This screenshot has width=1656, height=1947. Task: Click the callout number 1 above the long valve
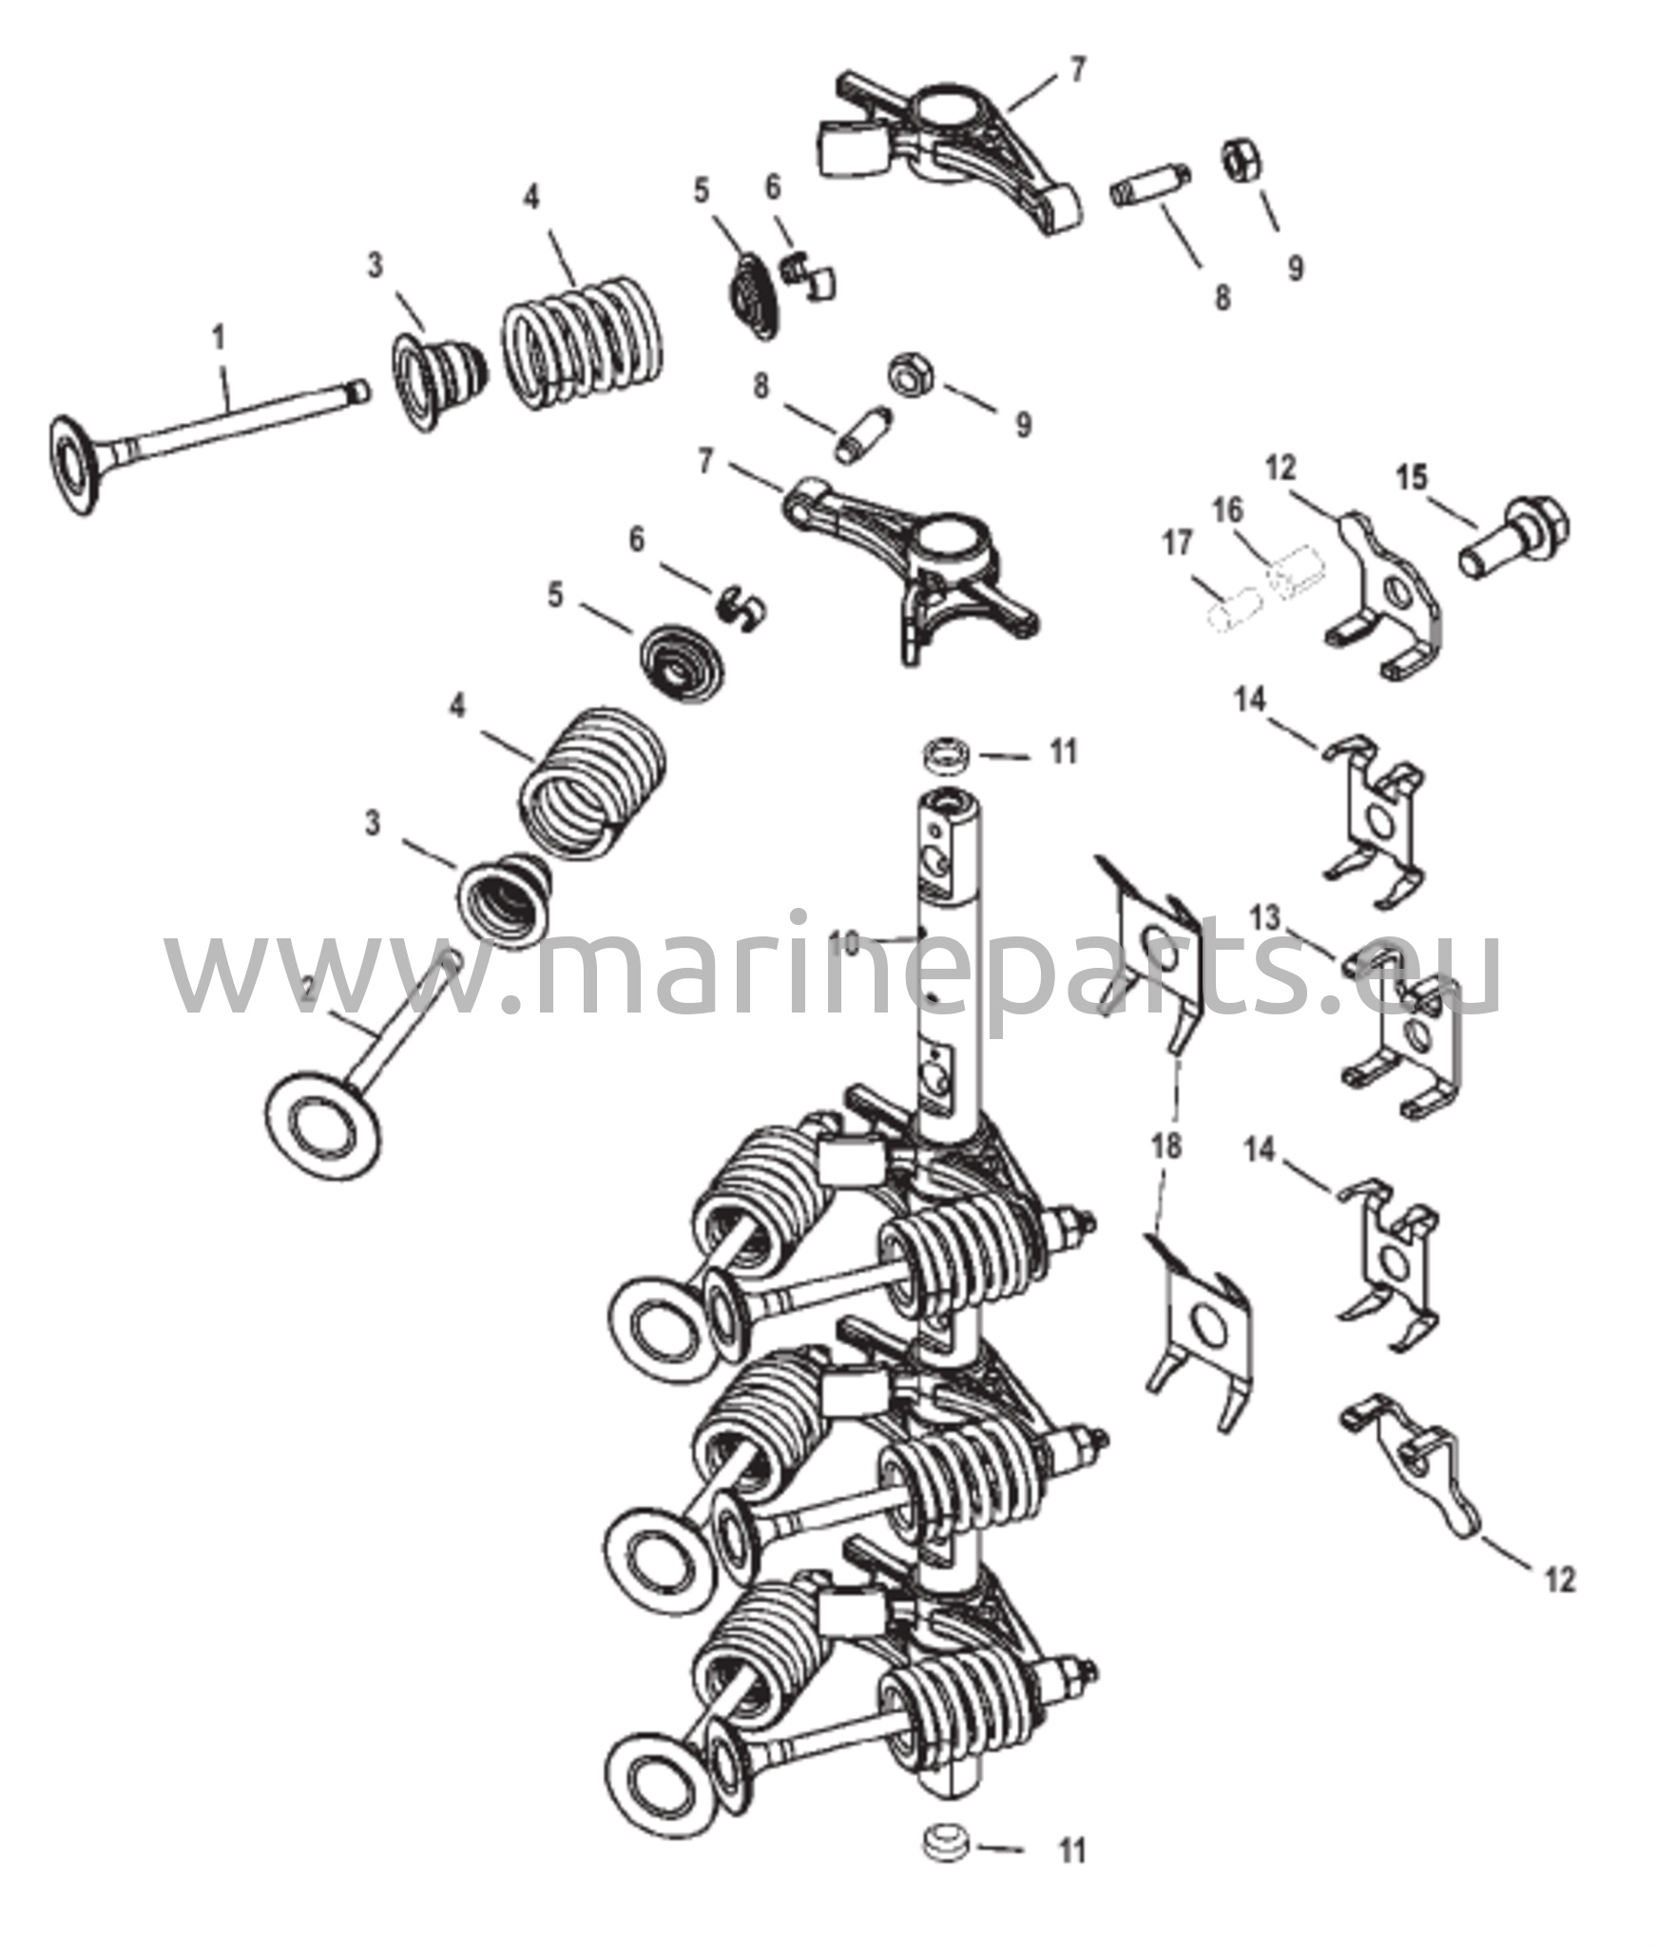[x=219, y=337]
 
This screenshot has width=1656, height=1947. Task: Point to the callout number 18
[x=1166, y=1146]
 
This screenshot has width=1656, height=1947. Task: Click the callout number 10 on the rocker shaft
[x=845, y=944]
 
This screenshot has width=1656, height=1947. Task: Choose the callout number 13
[x=1266, y=918]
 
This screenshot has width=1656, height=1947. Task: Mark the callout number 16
[x=1227, y=511]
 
